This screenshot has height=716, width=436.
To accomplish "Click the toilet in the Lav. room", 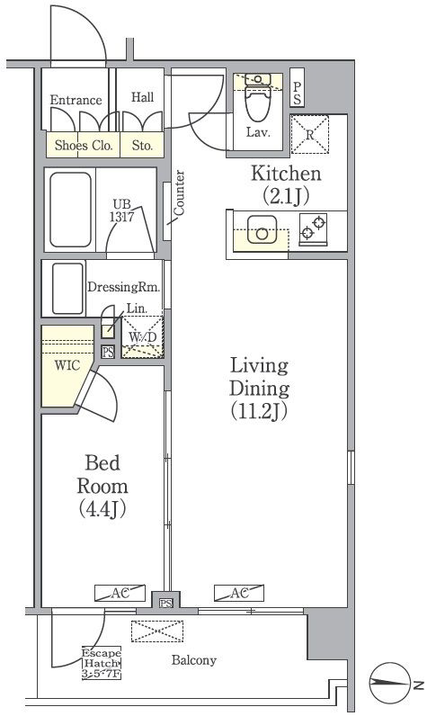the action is click(x=258, y=97).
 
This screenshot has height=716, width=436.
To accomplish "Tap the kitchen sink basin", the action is click(x=262, y=229).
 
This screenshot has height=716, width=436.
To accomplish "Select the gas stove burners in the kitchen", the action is click(x=313, y=228).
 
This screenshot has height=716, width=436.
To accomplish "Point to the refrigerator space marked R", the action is click(x=309, y=134).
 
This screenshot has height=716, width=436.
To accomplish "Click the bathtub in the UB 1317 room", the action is click(x=70, y=210).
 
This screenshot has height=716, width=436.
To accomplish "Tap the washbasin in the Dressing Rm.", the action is click(x=67, y=289).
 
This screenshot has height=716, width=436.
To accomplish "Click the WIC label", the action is click(x=67, y=365).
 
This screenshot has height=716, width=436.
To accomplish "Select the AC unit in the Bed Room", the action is click(x=120, y=593).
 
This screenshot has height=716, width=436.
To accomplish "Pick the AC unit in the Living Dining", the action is click(x=239, y=593).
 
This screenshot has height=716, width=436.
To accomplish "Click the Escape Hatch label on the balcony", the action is click(x=102, y=663).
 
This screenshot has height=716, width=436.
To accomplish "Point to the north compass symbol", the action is click(x=389, y=683).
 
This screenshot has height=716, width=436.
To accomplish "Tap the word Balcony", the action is click(x=193, y=660).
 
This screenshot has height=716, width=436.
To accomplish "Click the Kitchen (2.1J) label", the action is click(x=286, y=184).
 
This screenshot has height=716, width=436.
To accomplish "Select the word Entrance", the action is click(x=76, y=100).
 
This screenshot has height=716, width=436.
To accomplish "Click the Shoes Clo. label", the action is click(x=84, y=145).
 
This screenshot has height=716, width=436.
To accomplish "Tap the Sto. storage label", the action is click(x=142, y=145).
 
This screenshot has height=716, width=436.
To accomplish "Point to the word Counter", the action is click(x=179, y=192).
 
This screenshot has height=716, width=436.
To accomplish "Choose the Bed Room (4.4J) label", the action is click(x=102, y=486).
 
